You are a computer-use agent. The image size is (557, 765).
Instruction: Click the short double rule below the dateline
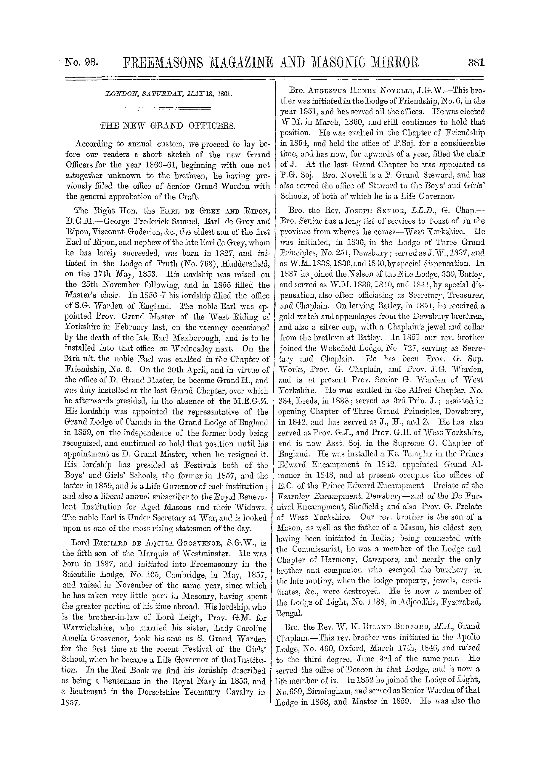168,109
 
